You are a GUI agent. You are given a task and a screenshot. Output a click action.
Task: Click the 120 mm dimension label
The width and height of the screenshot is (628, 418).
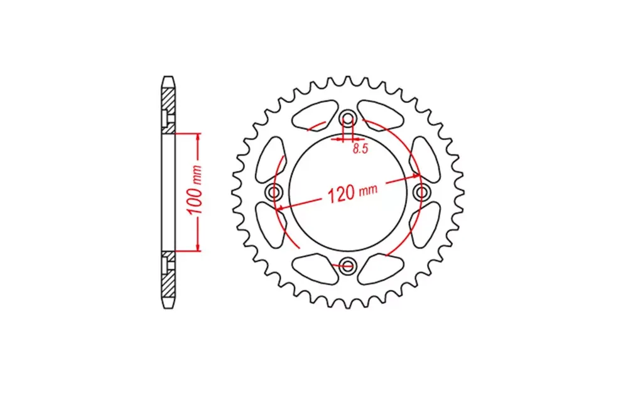tap(352, 193)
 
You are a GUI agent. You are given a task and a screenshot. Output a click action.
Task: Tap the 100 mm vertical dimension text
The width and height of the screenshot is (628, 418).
tap(196, 190)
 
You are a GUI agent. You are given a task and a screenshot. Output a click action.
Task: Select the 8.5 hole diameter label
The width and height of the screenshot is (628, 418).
tap(360, 149)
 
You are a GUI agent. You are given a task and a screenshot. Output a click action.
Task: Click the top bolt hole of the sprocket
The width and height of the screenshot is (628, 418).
tap(348, 119)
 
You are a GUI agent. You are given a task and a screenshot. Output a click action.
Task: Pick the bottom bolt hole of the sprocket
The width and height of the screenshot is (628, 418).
tap(347, 265)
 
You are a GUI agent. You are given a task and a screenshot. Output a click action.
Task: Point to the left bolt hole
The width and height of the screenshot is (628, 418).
tap(274, 192)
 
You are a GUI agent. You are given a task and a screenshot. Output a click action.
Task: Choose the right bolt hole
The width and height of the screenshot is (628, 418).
tap(421, 193)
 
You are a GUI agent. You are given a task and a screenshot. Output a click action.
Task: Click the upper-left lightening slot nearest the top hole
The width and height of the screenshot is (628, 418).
tap(315, 114)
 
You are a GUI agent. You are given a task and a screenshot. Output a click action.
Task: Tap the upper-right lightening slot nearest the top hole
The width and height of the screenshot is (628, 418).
tap(381, 114)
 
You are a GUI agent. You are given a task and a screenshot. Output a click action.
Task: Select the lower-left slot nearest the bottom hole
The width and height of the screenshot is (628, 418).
tap(315, 269)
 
